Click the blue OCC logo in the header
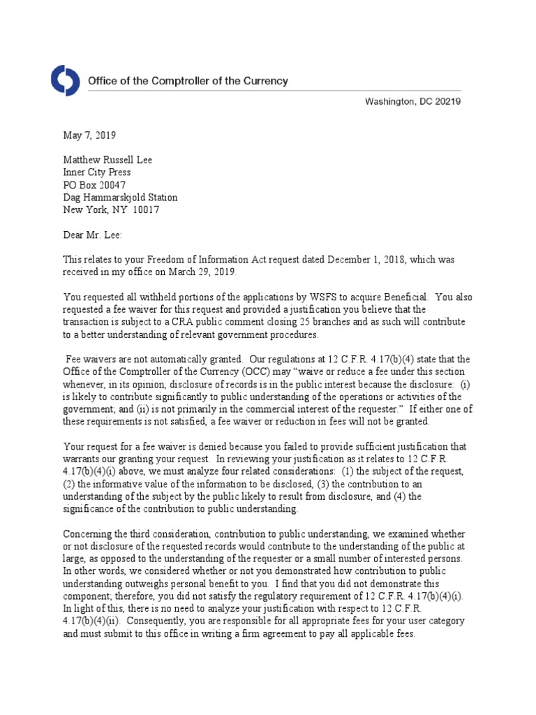coord(66,82)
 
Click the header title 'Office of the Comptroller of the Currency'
coord(187,81)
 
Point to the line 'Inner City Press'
coord(97,172)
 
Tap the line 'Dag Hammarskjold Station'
coord(120,198)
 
